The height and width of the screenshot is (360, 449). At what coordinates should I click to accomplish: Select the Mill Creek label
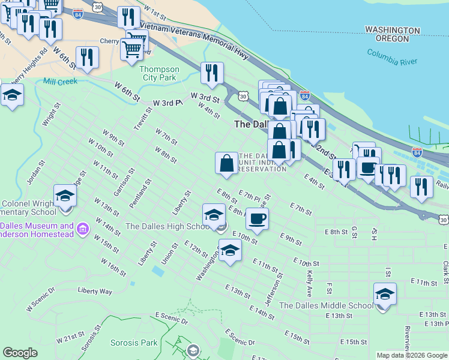pyautogui.click(x=60, y=81)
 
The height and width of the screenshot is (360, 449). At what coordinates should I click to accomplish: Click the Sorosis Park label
pyautogui.click(x=134, y=343)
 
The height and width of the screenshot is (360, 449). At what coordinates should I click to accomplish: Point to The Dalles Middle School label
pyautogui.click(x=326, y=305)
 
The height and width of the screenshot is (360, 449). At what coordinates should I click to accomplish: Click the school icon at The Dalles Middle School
pyautogui.click(x=385, y=295)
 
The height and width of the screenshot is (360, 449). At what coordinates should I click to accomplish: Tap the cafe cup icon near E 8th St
pyautogui.click(x=257, y=219)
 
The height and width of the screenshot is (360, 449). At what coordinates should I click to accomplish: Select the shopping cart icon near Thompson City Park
pyautogui.click(x=132, y=49)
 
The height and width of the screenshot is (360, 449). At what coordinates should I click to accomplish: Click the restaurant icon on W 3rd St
pyautogui.click(x=212, y=73)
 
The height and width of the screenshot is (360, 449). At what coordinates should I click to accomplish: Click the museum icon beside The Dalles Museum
pyautogui.click(x=83, y=227)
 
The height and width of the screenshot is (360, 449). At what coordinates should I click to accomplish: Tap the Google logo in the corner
pyautogui.click(x=20, y=353)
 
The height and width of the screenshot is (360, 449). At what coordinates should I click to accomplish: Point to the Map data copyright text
pyautogui.click(x=412, y=355)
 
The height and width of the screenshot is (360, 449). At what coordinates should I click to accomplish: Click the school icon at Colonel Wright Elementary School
pyautogui.click(x=65, y=196)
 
